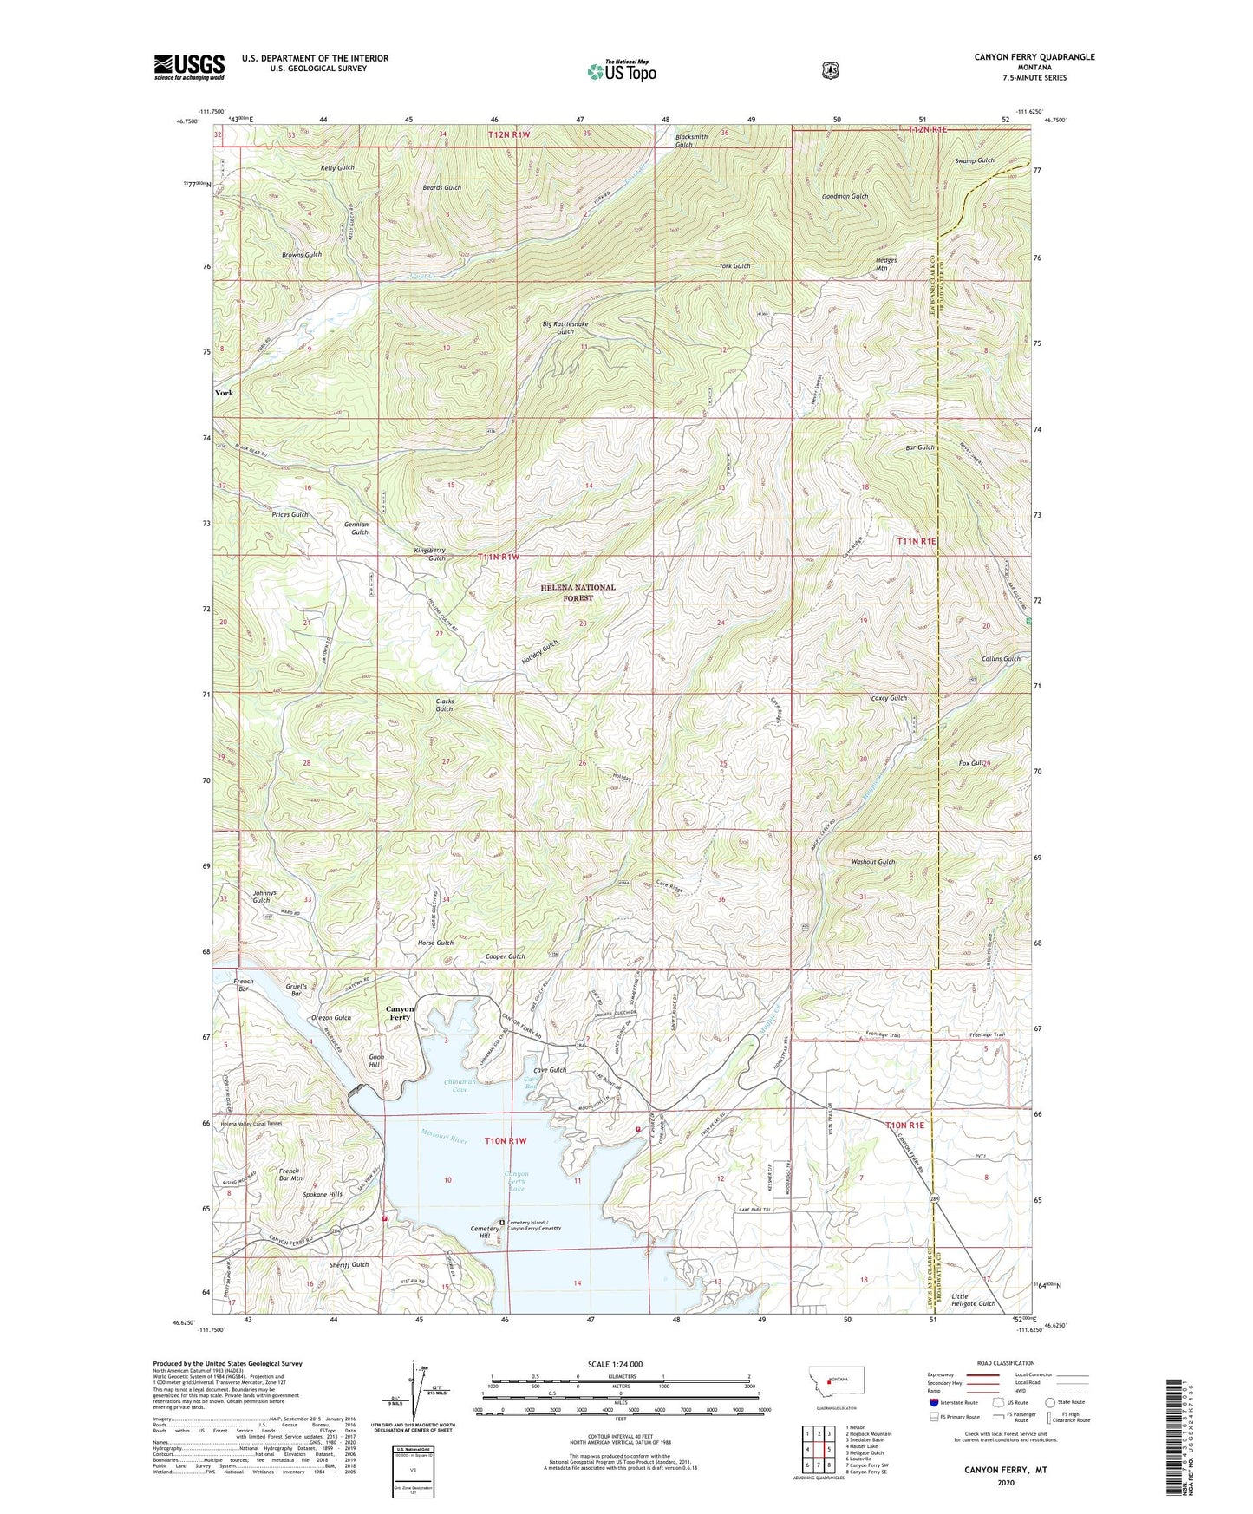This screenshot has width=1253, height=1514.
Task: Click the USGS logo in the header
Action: [x=189, y=67]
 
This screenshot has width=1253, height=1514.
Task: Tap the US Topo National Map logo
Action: [x=621, y=70]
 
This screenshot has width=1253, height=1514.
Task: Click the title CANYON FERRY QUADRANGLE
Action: [x=1021, y=57]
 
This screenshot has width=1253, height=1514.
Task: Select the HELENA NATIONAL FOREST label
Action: [x=578, y=592]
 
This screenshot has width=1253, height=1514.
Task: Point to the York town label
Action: [x=224, y=393]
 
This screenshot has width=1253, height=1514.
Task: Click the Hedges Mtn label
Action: [x=885, y=264]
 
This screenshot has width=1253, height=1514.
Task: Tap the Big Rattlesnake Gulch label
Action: [x=565, y=328]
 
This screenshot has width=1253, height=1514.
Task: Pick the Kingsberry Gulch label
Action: [x=429, y=554]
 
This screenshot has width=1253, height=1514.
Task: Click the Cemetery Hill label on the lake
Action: [x=485, y=1232]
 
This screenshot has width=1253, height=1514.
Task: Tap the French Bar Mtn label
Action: [x=290, y=1175]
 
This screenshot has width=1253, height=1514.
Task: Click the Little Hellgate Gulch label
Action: [x=974, y=1298]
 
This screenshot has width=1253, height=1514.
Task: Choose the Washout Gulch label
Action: [x=873, y=862]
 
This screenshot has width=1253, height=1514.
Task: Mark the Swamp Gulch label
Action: [x=975, y=160]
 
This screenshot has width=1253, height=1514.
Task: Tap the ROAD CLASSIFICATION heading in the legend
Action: [x=1005, y=1363]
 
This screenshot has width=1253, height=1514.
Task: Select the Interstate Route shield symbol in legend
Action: [x=933, y=1401]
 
